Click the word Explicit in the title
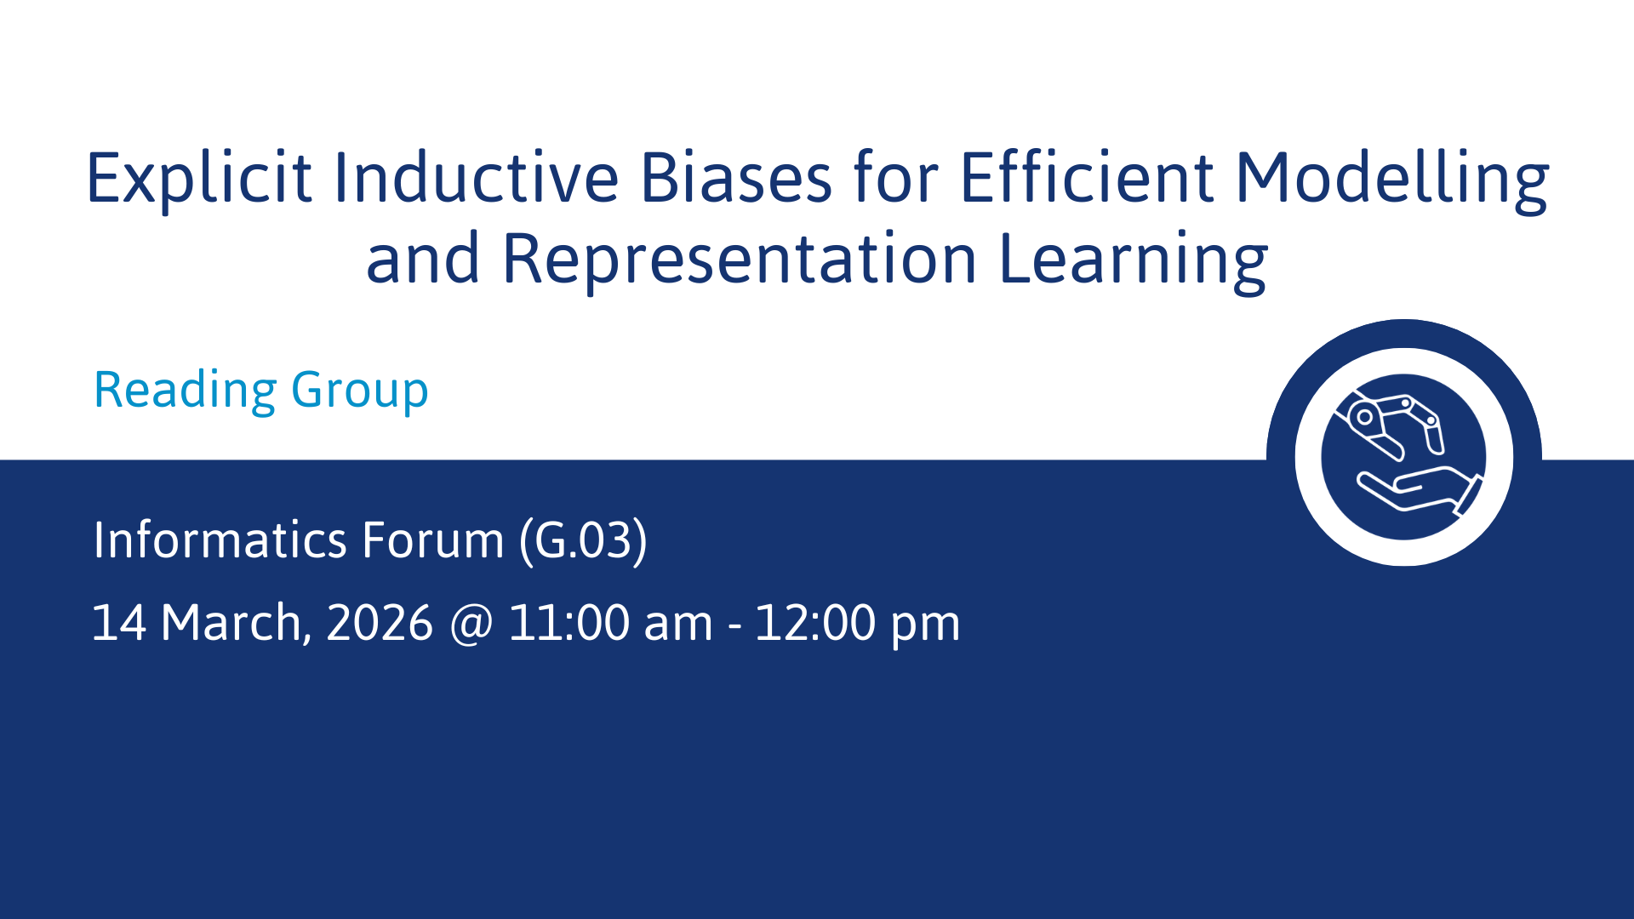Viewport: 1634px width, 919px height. tap(199, 179)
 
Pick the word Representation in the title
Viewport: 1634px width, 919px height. tap(740, 260)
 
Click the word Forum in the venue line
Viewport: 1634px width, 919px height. tap(433, 539)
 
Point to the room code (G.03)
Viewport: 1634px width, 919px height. tap(584, 541)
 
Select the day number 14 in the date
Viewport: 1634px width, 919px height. tap(118, 623)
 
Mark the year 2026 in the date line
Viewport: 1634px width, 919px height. tap(380, 623)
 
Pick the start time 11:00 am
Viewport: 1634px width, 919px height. tap(610, 623)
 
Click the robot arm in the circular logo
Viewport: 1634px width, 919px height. tap(1393, 425)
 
